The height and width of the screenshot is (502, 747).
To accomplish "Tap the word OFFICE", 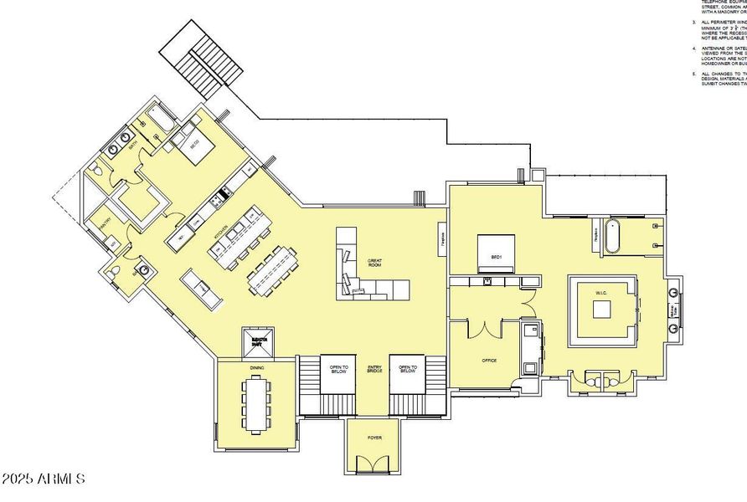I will (488, 360).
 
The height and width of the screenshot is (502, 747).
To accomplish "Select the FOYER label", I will (373, 438).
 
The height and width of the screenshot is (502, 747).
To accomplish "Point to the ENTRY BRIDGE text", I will (373, 369).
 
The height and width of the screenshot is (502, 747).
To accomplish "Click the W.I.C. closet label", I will (602, 292).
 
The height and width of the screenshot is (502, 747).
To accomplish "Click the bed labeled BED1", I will (495, 252).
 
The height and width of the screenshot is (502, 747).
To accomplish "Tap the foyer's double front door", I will (373, 464).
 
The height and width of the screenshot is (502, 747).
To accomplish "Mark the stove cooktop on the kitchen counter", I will (224, 196).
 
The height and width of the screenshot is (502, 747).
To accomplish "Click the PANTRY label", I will (106, 223).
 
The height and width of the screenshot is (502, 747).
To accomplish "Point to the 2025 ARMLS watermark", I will (44, 479).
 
